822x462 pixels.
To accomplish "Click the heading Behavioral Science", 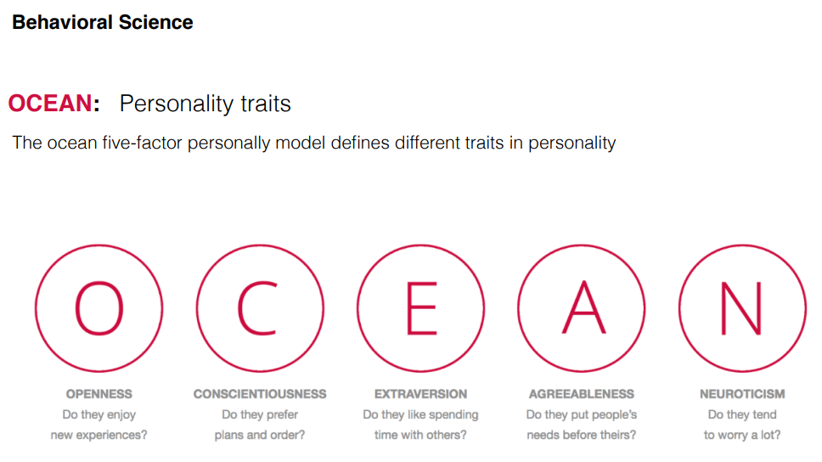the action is [102, 23].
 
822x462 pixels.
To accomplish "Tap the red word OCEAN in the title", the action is [50, 103].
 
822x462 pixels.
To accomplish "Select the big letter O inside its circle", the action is [99, 308].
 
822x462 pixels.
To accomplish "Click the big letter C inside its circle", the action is [257, 308].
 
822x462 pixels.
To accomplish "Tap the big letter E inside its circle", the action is [421, 308].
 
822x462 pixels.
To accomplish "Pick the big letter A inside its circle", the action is [583, 308].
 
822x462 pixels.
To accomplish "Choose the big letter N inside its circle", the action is [740, 308].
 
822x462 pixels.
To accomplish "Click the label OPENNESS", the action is [99, 394].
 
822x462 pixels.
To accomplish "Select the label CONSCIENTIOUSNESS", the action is [260, 394].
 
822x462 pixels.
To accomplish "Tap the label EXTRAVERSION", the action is [420, 394].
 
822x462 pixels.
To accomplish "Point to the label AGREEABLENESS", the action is [582, 394].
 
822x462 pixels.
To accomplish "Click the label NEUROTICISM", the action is [742, 394].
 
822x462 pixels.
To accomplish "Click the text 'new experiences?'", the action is [99, 436].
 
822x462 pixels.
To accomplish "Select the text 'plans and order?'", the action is [260, 436].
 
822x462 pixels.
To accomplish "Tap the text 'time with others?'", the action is [420, 436].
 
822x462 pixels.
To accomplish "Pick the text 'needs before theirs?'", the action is [582, 436].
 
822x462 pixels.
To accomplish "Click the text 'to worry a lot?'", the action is [742, 436].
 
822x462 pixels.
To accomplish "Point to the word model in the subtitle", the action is [301, 143].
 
